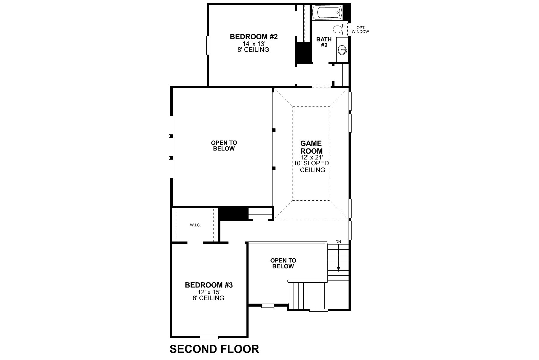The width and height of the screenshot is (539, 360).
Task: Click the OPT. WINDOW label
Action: point(360,29)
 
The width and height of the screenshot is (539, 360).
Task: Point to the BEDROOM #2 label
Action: point(254,37)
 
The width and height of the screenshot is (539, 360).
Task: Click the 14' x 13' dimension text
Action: point(254,43)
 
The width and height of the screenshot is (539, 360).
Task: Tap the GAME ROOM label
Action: point(311,147)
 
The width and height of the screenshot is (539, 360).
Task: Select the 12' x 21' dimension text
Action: point(311,157)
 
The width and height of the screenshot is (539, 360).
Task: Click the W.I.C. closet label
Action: point(195,225)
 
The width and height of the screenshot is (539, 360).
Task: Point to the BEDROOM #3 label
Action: point(209,285)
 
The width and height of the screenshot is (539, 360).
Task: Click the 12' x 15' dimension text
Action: point(209,292)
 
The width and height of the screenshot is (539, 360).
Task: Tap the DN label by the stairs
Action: point(338,241)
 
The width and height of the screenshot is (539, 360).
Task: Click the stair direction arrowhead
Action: point(338,269)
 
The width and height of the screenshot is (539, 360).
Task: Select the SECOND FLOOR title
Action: point(214,349)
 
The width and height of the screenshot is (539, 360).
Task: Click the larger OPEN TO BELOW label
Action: point(224,145)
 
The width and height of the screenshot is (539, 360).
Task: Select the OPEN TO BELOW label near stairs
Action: point(283,263)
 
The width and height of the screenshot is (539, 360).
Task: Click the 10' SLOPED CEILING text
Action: point(311,166)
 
